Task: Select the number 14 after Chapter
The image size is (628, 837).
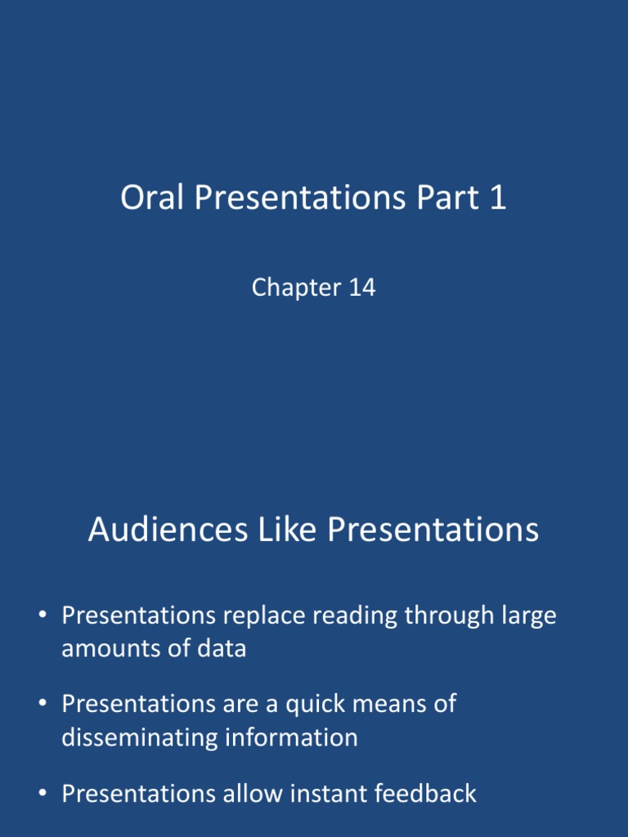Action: click(x=360, y=288)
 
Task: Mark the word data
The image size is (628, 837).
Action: click(x=219, y=650)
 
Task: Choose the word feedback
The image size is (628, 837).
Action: click(x=425, y=793)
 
